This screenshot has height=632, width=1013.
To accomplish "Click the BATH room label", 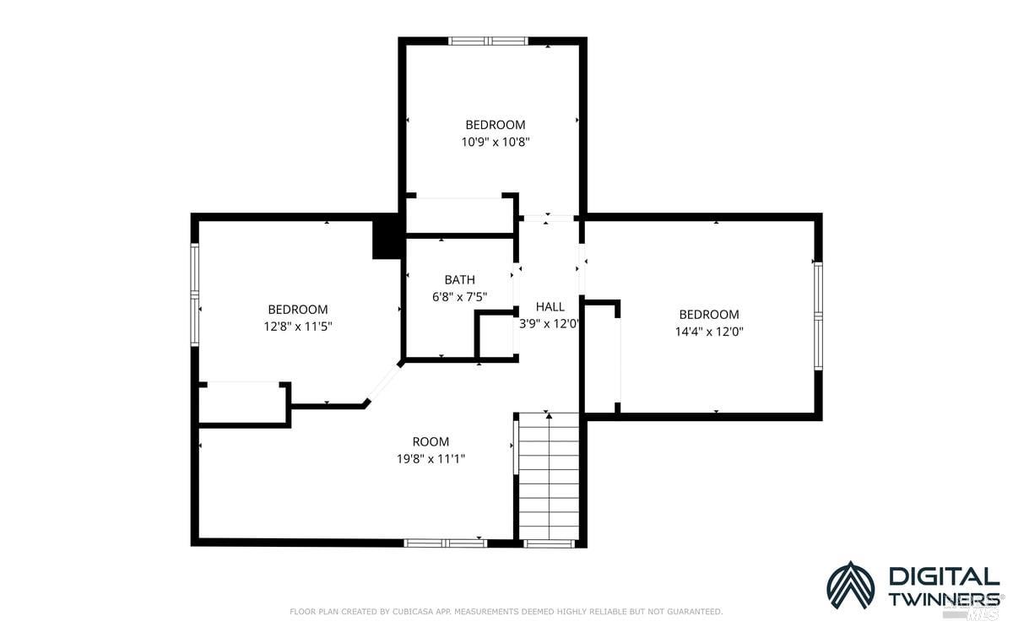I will pos(459,279).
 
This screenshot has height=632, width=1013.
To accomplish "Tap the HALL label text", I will pos(550,306).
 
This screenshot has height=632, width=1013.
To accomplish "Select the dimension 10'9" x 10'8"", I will pos(495,143).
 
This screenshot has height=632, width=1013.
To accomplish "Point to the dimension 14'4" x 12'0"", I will pos(708,332).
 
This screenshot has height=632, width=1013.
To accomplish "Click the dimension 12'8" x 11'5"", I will pos(297,327).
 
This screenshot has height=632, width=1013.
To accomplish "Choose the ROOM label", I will pos(431,441).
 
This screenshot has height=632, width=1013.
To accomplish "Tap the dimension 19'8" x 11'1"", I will pos(431,459).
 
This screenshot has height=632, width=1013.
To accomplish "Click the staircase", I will pos(549,477).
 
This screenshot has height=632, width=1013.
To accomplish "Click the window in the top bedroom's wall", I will pos(488,41).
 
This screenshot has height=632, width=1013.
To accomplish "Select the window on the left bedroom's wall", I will pos(195,294).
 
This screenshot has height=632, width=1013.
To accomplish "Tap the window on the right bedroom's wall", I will pos(817,316).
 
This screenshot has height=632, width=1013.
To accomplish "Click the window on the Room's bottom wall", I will pos(445,543).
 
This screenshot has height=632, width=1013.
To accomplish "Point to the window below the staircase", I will pos(550,543).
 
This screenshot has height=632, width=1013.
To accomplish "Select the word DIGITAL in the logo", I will pos(943,577).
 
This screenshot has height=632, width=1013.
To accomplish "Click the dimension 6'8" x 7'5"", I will pos(459,296).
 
